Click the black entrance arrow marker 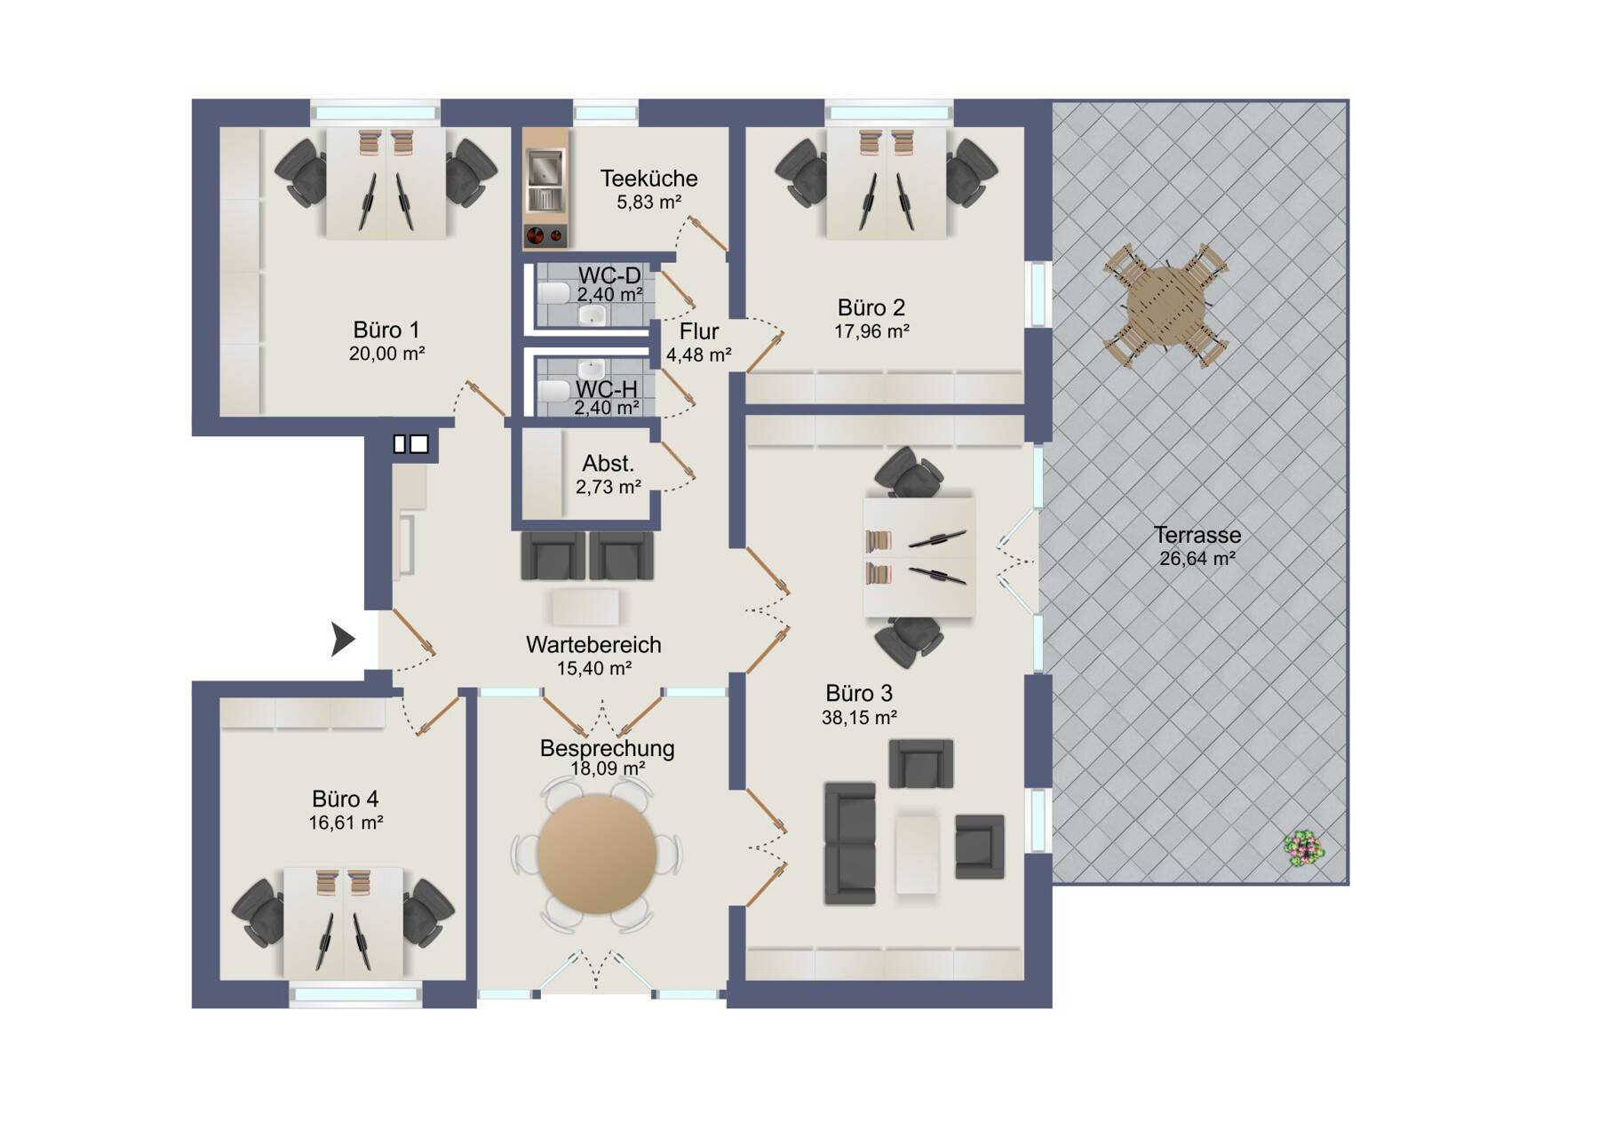[x=343, y=639]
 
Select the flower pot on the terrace [x=1304, y=849]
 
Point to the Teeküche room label [x=648, y=179]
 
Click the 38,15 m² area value [x=859, y=717]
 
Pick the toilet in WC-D [x=553, y=292]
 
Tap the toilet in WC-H [x=553, y=391]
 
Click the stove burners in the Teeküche [x=545, y=235]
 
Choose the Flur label [x=699, y=331]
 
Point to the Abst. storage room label [x=608, y=463]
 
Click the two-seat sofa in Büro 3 [x=850, y=843]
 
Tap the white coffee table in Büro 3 [x=917, y=854]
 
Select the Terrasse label [x=1197, y=535]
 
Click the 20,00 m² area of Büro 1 [x=386, y=354]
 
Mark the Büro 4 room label [x=345, y=799]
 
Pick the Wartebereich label [x=593, y=644]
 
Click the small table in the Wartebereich [x=585, y=608]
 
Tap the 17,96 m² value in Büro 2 [x=871, y=331]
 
